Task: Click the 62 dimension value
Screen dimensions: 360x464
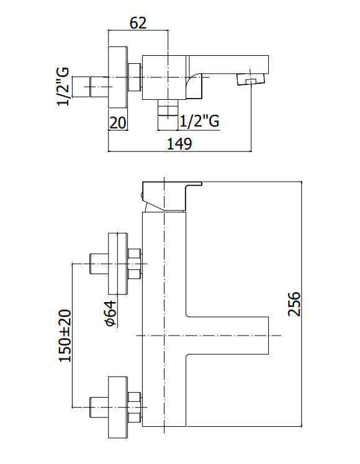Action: click(x=138, y=22)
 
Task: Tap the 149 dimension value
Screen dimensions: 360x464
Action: click(x=179, y=144)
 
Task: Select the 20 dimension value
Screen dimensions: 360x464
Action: click(x=118, y=123)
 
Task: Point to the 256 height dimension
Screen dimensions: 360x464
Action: click(x=294, y=304)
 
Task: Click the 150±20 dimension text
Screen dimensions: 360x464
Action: click(x=65, y=335)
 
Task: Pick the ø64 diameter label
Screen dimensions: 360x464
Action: click(x=110, y=313)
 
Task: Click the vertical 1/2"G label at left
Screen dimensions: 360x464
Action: click(x=63, y=86)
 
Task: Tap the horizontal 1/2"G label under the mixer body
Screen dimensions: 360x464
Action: click(x=199, y=121)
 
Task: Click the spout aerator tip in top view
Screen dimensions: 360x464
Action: click(x=251, y=79)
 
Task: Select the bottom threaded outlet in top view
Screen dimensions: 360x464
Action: click(x=168, y=107)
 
